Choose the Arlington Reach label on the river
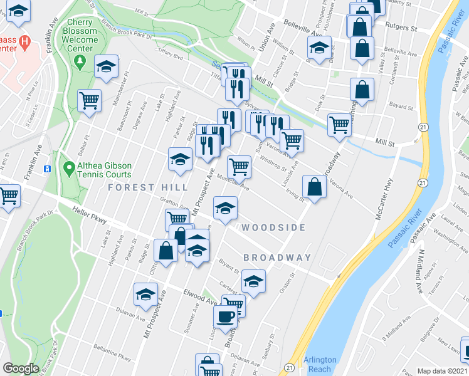pos(320,364)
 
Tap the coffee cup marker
pos(226,316)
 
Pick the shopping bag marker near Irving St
pos(314,187)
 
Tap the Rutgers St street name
pos(401,28)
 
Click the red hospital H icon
pos(25,43)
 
